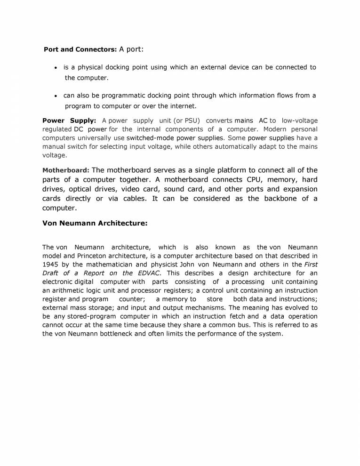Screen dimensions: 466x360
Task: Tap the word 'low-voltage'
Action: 300,121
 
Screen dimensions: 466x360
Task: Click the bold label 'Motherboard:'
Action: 66,170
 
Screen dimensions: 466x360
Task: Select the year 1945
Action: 51,265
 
